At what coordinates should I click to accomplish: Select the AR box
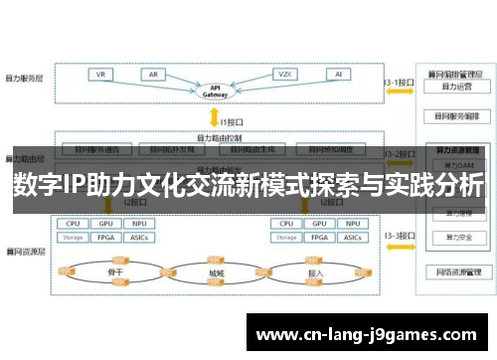pyautogui.click(x=154, y=75)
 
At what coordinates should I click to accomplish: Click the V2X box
pyautogui.click(x=283, y=75)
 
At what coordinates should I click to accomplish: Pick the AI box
pyautogui.click(x=338, y=75)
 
